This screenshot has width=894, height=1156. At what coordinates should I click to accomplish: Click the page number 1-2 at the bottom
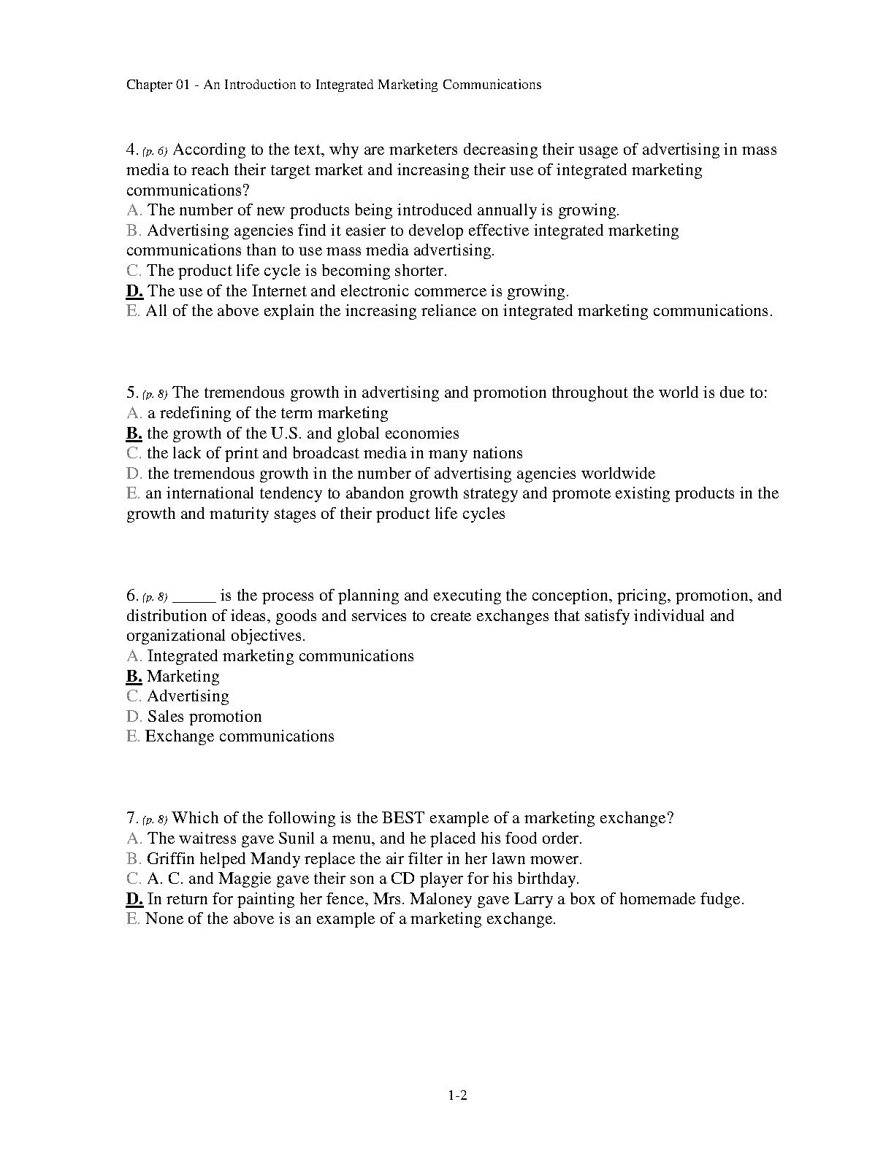pos(457,1095)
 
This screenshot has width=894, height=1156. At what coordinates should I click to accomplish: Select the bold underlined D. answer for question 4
pos(134,291)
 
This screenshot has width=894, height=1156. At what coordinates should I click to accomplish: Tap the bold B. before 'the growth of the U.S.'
pos(134,433)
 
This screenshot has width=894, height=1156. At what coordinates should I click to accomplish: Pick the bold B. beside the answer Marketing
pos(134,677)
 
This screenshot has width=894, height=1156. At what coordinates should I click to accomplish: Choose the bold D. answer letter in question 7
pos(134,899)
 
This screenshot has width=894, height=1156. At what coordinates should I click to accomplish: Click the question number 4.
pos(131,150)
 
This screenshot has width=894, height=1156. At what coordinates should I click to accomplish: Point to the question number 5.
pos(131,393)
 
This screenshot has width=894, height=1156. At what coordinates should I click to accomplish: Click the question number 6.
pos(131,596)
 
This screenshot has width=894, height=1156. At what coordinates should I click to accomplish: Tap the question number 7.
pos(131,818)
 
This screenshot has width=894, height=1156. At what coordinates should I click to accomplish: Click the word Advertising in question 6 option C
pos(188,696)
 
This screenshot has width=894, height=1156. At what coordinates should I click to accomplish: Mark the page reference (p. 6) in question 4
pos(155,151)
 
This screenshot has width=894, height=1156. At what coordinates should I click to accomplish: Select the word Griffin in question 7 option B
pos(171,859)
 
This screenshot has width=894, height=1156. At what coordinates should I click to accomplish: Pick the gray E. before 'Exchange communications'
pos(132,736)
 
